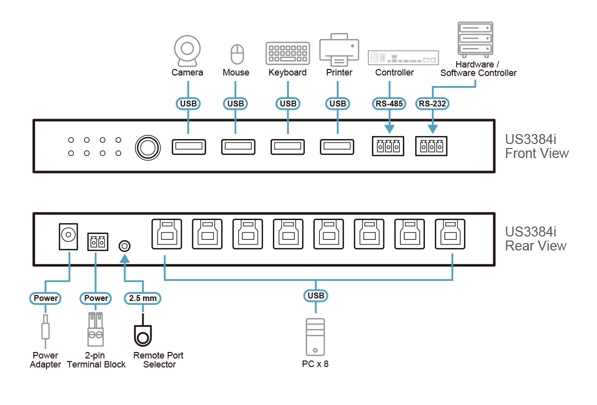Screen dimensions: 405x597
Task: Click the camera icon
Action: tap(187, 50)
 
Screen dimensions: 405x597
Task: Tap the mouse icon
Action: tap(236, 53)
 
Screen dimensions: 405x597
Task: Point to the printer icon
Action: tap(339, 50)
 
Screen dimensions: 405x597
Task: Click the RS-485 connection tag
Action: tap(389, 104)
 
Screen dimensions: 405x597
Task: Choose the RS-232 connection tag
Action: tap(433, 104)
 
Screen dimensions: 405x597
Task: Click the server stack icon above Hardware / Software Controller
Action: tap(475, 38)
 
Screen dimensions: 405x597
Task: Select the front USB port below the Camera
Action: tap(188, 146)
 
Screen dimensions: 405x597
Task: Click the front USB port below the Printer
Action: tap(336, 146)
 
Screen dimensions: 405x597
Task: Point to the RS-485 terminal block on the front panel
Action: tap(388, 146)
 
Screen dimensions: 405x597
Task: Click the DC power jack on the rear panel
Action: tap(68, 234)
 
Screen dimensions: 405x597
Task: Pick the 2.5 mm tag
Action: tap(143, 298)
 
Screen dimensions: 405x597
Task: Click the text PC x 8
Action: tap(315, 363)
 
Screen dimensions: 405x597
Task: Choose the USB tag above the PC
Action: tap(316, 295)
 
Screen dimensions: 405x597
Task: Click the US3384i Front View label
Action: tap(536, 146)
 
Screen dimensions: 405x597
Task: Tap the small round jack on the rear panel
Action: tap(125, 245)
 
